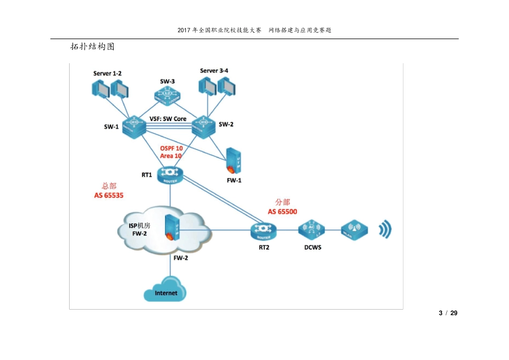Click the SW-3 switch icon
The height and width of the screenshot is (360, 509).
click(167, 95)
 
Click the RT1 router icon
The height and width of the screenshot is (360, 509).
click(170, 174)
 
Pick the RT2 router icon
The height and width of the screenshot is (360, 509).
click(264, 231)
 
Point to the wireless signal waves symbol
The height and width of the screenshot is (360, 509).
click(385, 230)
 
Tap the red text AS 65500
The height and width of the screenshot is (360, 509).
click(282, 212)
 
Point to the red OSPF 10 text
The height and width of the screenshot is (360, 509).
click(171, 148)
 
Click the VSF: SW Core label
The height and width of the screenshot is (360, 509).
click(168, 118)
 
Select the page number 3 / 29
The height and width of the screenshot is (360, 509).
click(448, 313)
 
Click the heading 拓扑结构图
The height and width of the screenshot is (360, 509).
click(93, 47)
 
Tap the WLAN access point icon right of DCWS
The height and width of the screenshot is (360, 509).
click(354, 230)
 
